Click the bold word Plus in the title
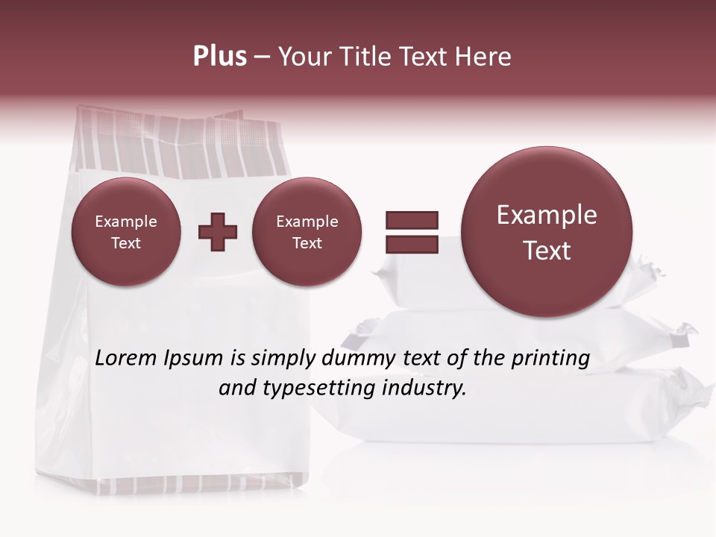tap(219, 57)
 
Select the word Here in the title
tap(485, 57)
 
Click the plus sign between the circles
tap(218, 232)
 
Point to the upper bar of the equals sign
tap(411, 220)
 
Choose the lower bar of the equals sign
tap(411, 244)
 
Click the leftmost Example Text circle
tap(125, 232)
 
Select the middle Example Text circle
tap(307, 232)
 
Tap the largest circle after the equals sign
tap(547, 232)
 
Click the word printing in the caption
tap(550, 359)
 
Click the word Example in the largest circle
tap(547, 215)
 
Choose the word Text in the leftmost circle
tap(125, 243)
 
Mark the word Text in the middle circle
tap(307, 243)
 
